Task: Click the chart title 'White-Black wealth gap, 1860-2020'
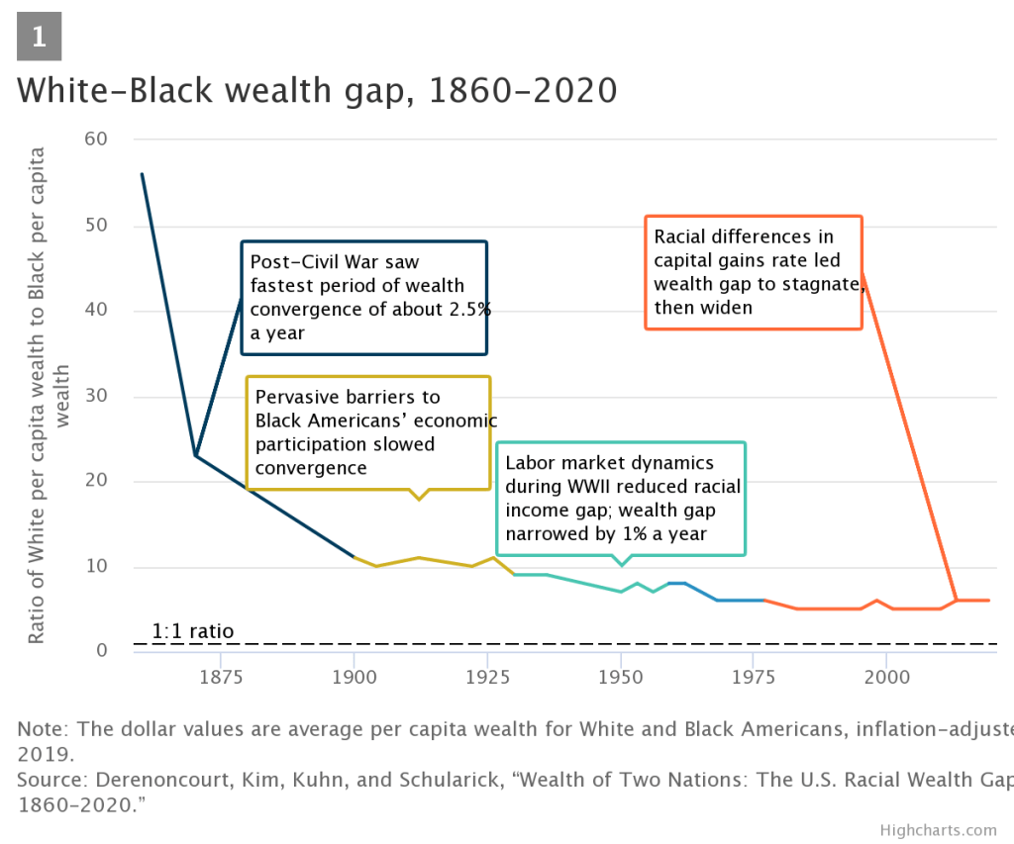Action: (x=317, y=90)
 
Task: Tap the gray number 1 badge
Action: (x=40, y=38)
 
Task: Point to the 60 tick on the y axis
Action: (x=95, y=140)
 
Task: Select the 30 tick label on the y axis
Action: (x=95, y=397)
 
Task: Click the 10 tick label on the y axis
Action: (x=95, y=567)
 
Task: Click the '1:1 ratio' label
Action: (x=193, y=631)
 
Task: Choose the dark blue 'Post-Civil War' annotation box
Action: (x=364, y=297)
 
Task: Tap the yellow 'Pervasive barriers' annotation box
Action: (x=368, y=431)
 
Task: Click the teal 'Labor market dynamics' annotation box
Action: (x=621, y=498)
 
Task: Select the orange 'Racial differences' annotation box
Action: (x=753, y=272)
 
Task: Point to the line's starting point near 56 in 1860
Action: (x=142, y=174)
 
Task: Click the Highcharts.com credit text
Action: (x=938, y=829)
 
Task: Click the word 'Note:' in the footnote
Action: (x=43, y=729)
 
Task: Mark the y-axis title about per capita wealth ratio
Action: (x=49, y=396)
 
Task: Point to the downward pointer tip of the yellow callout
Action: (x=420, y=500)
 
